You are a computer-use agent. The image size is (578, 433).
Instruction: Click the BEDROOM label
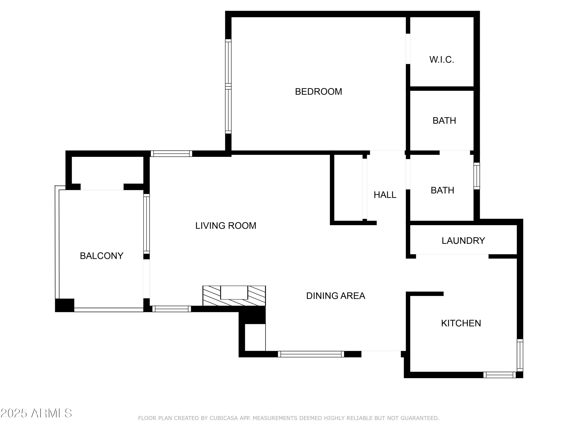(318, 92)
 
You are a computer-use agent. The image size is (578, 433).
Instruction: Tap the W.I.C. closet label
(442, 60)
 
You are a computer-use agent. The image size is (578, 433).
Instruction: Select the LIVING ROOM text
(225, 226)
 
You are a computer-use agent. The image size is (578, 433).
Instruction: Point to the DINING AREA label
(335, 296)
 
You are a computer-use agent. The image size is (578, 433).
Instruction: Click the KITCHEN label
(461, 323)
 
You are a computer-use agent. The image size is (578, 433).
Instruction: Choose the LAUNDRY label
(463, 241)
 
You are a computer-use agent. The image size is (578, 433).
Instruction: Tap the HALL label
(385, 195)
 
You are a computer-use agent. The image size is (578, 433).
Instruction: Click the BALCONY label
(101, 256)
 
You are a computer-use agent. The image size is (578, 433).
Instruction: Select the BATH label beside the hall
(442, 190)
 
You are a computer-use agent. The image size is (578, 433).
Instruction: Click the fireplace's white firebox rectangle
(234, 292)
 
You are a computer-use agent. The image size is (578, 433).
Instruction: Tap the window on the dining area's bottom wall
(311, 354)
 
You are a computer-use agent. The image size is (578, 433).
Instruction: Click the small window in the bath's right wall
(477, 176)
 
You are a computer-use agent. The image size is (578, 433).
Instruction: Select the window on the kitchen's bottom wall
(499, 375)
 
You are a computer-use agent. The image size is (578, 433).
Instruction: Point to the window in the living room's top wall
(171, 154)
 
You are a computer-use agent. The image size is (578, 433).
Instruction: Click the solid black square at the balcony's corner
(65, 305)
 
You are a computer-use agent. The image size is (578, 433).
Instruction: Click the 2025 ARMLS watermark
(36, 413)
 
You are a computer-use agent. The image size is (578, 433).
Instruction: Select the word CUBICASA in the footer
(224, 418)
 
